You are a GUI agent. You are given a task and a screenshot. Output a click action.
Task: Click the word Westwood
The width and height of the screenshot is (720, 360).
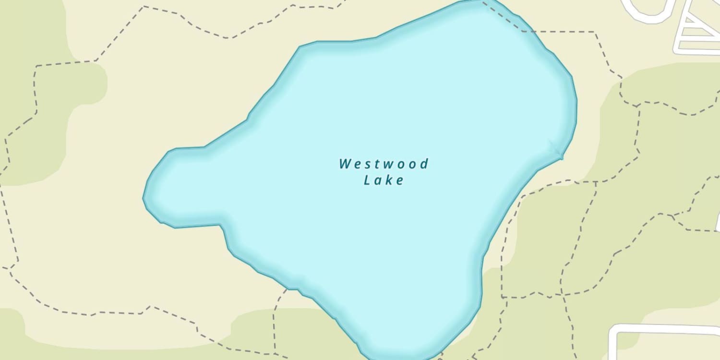tap(384, 164)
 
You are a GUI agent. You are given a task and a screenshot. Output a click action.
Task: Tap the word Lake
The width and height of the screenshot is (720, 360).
tap(384, 180)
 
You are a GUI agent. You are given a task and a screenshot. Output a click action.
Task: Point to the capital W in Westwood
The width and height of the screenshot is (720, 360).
tap(345, 164)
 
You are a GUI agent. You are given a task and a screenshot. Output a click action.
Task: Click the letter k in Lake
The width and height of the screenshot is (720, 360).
tap(389, 180)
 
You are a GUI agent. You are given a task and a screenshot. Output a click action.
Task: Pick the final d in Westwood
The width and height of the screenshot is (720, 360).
tap(424, 164)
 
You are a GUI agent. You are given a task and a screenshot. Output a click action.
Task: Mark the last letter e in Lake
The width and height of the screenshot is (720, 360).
tap(400, 181)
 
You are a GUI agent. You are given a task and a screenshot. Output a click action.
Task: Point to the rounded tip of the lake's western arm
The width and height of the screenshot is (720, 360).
tap(145, 197)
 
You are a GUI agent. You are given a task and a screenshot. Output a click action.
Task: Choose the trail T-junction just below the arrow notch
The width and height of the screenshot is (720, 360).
tap(596, 182)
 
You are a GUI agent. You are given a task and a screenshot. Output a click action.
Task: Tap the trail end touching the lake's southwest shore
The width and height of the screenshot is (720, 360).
tap(287, 289)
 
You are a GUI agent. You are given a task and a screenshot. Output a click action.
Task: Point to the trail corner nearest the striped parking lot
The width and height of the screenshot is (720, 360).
tap(596, 32)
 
